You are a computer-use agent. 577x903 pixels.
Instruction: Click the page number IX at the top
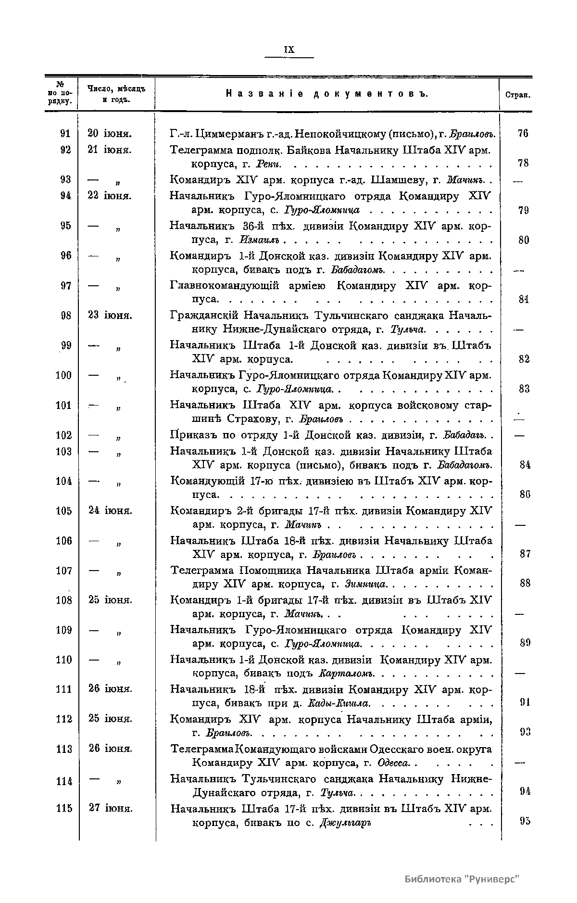pyautogui.click(x=289, y=50)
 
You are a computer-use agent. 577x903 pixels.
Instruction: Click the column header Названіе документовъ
pyautogui.click(x=326, y=94)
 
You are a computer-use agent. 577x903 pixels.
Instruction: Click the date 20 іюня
pyautogui.click(x=111, y=133)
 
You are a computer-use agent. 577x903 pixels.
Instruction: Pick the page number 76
pyautogui.click(x=523, y=133)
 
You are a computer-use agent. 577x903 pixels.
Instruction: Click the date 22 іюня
pyautogui.click(x=111, y=196)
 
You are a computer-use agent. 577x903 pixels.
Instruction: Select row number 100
pyautogui.click(x=63, y=375)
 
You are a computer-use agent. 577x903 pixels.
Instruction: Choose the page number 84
pyautogui.click(x=525, y=465)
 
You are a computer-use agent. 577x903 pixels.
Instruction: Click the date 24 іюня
pyautogui.click(x=111, y=510)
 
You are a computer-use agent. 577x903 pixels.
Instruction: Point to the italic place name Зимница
pyautogui.click(x=366, y=584)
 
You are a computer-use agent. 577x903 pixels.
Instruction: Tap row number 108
pyautogui.click(x=63, y=600)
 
